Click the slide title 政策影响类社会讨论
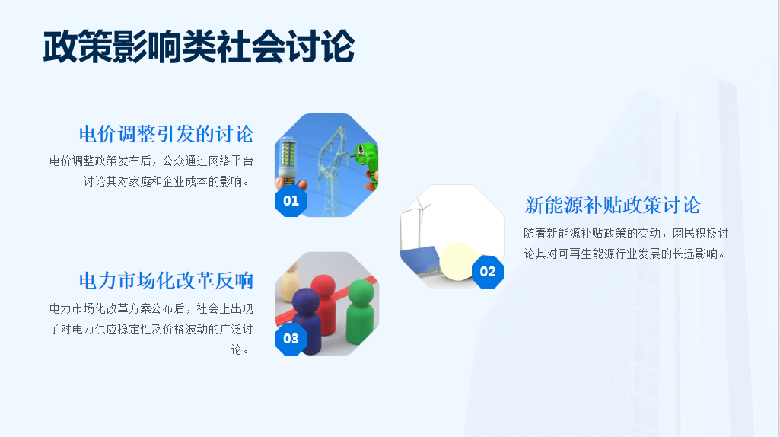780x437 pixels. click(x=199, y=46)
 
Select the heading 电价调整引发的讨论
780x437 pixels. click(x=166, y=134)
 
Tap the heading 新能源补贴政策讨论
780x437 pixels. click(x=613, y=205)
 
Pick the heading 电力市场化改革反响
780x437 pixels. click(x=166, y=281)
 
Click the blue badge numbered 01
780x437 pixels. click(x=291, y=200)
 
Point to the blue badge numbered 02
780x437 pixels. click(x=488, y=272)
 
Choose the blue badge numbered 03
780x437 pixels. click(x=291, y=339)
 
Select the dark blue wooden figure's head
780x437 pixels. click(x=306, y=301)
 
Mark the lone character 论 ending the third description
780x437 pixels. click(x=237, y=349)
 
